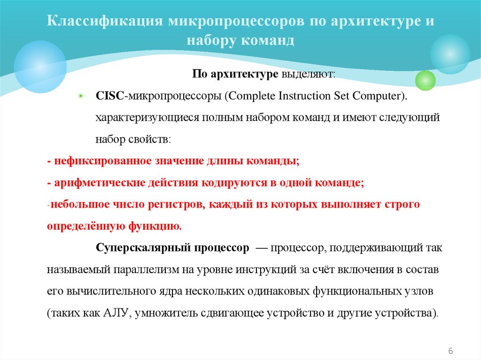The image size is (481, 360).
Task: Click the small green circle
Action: pyautogui.click(x=426, y=80)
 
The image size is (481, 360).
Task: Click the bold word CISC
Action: pyautogui.click(x=109, y=96)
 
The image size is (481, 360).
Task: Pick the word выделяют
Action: pyautogui.click(x=308, y=74)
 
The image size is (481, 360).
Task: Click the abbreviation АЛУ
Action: pyautogui.click(x=115, y=313)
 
